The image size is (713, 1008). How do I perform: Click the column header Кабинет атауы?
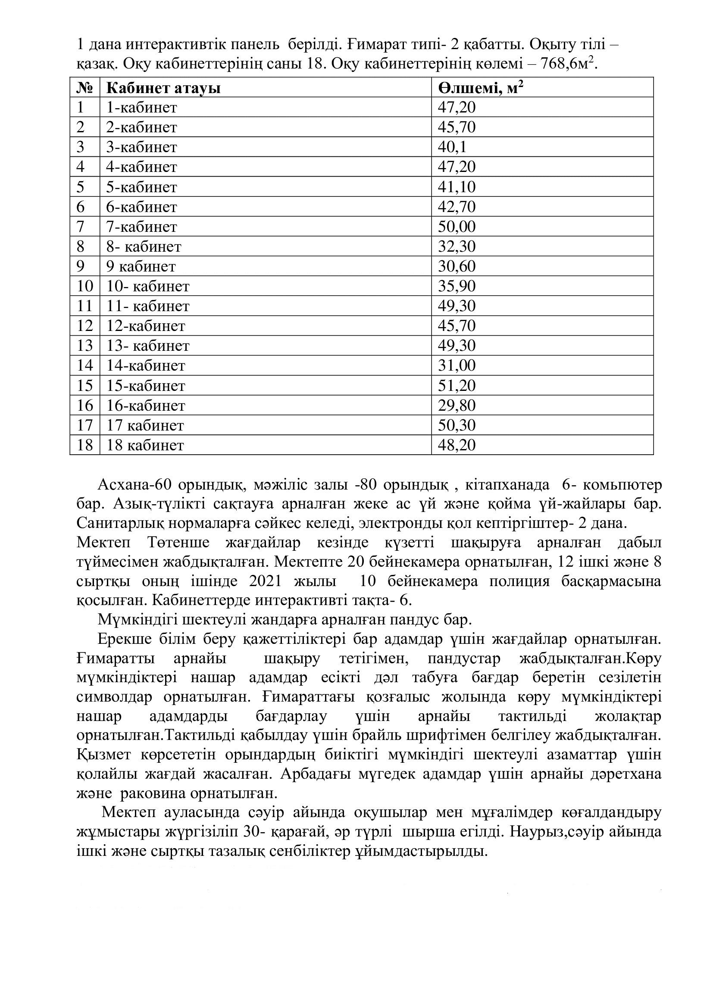pos(163,88)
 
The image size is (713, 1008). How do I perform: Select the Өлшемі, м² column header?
pos(480,88)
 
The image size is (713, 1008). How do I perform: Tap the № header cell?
pos(85,88)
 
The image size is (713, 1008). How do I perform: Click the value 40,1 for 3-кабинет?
pos(452,147)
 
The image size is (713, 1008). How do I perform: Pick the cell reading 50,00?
pos(457,227)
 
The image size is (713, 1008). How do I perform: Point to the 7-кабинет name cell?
pos(141,227)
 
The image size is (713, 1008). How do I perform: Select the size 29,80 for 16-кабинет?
pos(457,405)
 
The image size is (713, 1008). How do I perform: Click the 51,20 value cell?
pos(457,385)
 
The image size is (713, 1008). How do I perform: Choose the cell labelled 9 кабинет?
pos(141,266)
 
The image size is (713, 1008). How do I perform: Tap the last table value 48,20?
pos(457,445)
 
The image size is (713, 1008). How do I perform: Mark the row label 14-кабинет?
pos(146,365)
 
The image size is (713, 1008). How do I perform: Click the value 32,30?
pos(457,247)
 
